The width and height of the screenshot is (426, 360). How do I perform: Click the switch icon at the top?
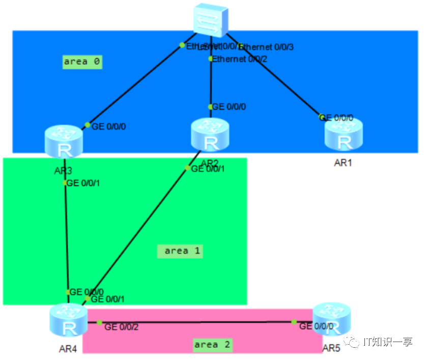[x=211, y=21]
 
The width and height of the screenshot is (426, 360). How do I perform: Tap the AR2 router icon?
[x=210, y=135]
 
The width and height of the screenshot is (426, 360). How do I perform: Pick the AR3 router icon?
[x=64, y=142]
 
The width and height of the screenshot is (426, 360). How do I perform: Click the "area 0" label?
[x=82, y=62]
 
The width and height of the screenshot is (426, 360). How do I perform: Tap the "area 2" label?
[x=212, y=345]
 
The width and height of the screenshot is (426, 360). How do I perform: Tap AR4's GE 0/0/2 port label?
[x=121, y=326]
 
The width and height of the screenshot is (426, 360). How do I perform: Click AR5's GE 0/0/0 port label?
[x=316, y=326]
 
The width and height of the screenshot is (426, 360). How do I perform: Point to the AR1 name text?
[x=343, y=163]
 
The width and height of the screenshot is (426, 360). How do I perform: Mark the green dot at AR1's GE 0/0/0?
[x=322, y=117]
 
